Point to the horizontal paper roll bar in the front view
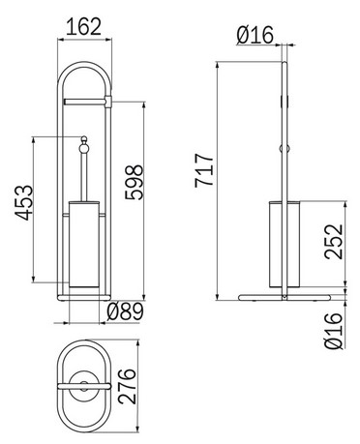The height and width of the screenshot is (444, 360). pos(84,99)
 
